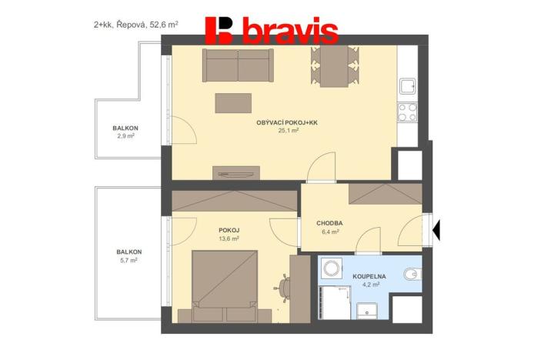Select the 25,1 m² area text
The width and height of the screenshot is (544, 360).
pos(288,131)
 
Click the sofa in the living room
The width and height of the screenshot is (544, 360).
pos(238,65)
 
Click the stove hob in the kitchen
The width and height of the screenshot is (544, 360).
pos(407,113)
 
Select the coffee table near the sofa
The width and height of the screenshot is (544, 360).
pos(234,102)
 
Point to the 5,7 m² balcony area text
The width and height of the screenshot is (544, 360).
pos(127,261)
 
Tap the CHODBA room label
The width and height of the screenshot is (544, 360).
pos(329,224)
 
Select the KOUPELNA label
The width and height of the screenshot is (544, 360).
pos(369,275)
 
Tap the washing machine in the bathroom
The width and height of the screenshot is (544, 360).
pos(332,268)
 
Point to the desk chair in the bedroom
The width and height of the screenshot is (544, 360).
pos(284,286)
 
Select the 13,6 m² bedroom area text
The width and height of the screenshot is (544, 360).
pos(229,238)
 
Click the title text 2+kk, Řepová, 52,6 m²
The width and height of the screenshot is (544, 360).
pos(136,25)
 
